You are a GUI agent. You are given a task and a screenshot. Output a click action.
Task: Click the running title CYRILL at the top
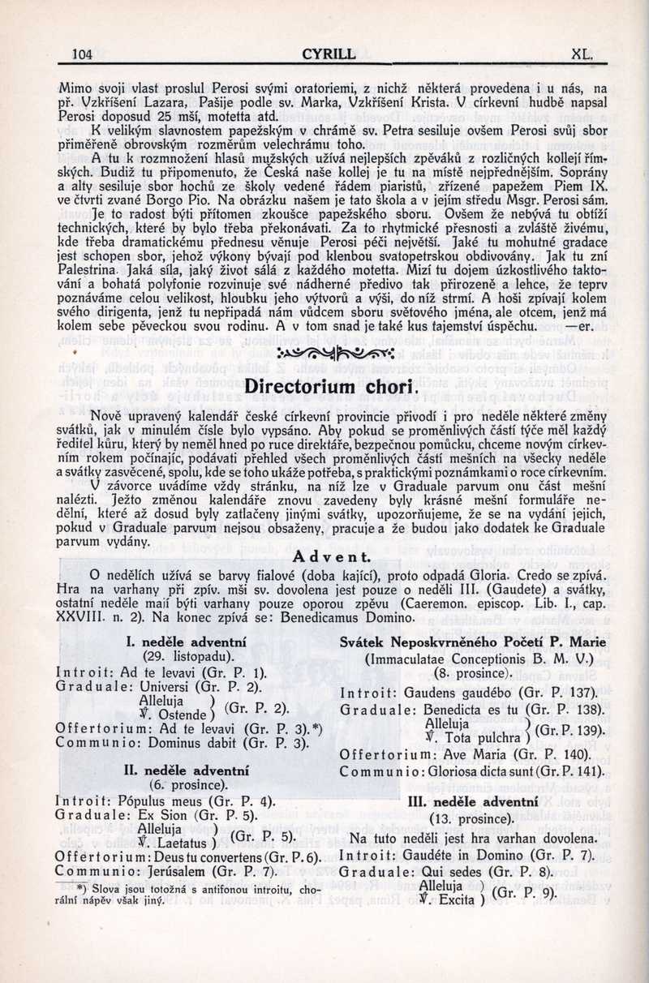coord(328,54)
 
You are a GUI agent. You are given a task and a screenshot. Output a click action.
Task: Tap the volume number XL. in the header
coord(583,54)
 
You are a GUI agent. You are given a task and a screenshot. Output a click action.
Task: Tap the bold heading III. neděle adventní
coord(474,801)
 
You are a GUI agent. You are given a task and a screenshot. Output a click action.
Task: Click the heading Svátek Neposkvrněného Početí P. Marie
coord(474,642)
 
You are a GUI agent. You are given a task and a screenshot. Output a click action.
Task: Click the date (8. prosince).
coord(474,673)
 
